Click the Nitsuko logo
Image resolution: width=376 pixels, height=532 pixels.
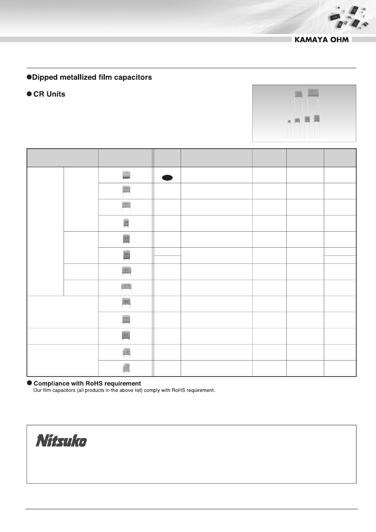[x=61, y=441]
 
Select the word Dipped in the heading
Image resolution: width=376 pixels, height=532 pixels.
[x=45, y=78]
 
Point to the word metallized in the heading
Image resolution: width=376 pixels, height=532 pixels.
[x=77, y=78]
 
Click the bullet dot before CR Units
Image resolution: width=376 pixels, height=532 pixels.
[x=29, y=94]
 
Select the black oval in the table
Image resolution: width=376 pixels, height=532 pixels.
[x=167, y=178]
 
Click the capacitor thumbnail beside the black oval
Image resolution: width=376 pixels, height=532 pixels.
[x=125, y=175]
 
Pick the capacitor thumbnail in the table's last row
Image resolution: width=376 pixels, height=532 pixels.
[x=125, y=368]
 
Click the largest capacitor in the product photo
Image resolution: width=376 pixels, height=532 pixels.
[x=313, y=93]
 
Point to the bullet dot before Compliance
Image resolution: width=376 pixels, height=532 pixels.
[x=29, y=383]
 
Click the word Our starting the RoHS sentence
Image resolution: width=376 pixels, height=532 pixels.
[x=37, y=390]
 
